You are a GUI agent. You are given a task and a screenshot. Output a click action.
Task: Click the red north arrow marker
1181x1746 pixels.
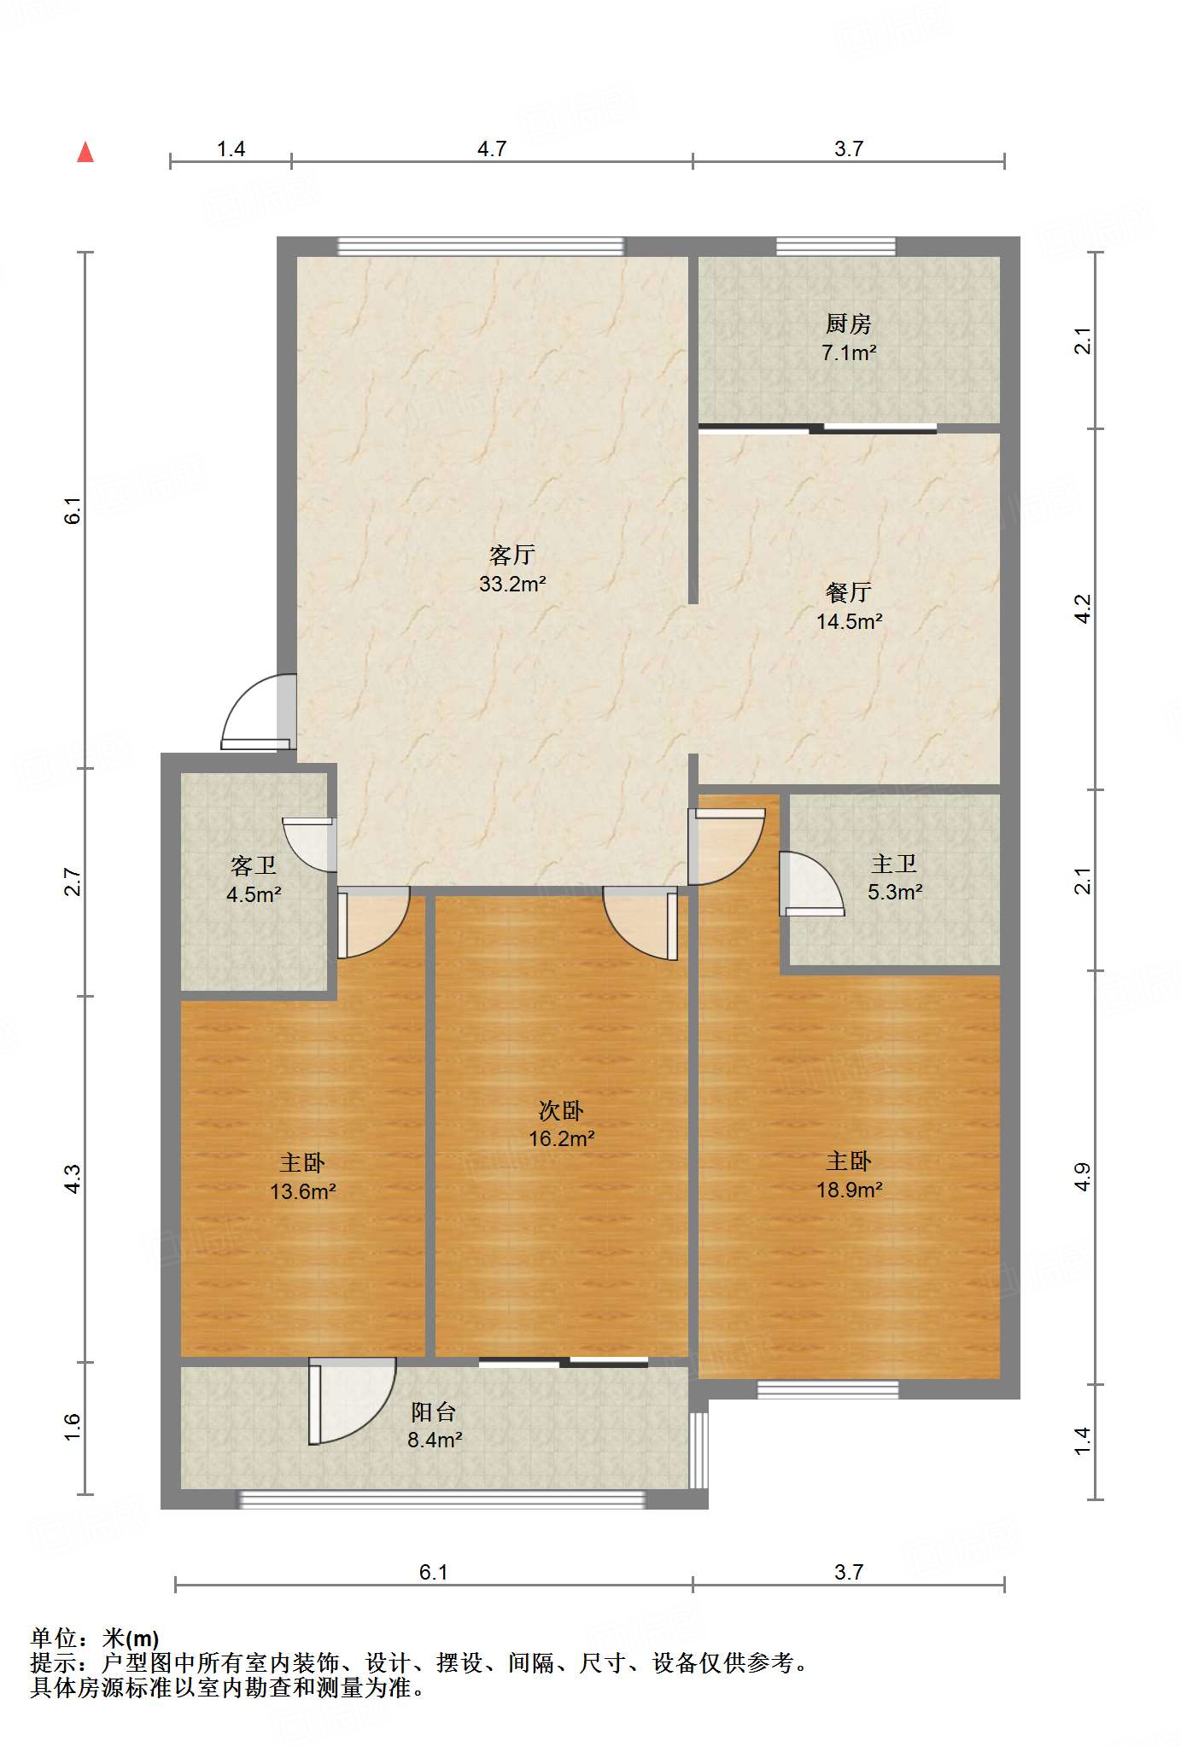click(85, 152)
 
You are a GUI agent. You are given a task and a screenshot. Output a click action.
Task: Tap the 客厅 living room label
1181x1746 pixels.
click(512, 556)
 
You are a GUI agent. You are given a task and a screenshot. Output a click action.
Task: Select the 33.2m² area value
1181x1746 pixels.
click(512, 584)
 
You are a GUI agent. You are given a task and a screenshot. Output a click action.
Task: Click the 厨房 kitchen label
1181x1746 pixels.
click(849, 324)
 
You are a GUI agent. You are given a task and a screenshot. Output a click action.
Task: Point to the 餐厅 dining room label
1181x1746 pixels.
click(849, 592)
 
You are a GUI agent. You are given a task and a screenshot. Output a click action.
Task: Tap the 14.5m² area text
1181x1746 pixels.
click(849, 621)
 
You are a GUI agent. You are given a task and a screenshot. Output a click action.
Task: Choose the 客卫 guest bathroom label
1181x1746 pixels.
click(254, 866)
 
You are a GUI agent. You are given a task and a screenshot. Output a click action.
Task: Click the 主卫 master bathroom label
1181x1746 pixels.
click(894, 864)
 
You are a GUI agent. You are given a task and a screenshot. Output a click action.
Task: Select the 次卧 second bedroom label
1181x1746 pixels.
click(561, 1110)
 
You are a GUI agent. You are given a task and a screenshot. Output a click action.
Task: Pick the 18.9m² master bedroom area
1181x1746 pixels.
click(849, 1189)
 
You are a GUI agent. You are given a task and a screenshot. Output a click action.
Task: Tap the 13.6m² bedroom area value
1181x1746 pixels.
click(302, 1190)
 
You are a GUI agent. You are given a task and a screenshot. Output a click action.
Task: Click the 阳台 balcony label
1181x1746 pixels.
click(434, 1411)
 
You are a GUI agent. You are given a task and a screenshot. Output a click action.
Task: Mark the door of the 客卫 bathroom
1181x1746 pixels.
click(309, 845)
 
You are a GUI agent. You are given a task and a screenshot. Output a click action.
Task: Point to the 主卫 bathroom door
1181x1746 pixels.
click(811, 884)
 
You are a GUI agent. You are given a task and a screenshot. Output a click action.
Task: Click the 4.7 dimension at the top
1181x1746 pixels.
click(492, 148)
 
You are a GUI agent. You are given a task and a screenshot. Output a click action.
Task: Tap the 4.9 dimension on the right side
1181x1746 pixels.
click(1082, 1178)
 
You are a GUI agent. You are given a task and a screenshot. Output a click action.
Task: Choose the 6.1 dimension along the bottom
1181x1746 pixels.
click(433, 1572)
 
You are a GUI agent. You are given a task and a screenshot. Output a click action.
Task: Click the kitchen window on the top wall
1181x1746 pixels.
click(836, 246)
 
